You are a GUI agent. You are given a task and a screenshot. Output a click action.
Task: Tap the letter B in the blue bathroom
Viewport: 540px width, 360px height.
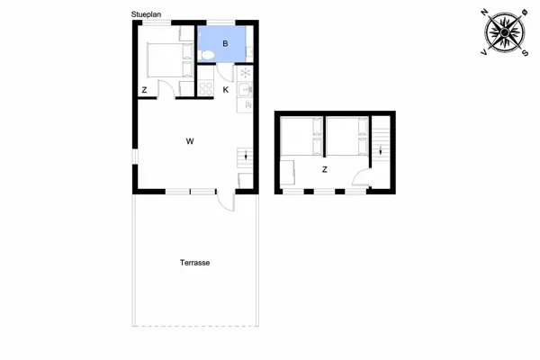click(225, 42)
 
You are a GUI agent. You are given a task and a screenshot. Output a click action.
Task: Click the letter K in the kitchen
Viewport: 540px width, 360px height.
click(225, 90)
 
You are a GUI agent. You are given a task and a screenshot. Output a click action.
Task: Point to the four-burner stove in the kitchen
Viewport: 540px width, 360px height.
click(205, 89)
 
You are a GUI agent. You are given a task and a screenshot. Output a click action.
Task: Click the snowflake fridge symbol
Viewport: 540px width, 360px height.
click(244, 73)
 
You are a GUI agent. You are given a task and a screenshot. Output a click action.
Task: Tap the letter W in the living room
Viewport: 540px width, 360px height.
click(190, 141)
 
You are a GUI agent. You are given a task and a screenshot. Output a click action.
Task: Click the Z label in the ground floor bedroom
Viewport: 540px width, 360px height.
click(145, 90)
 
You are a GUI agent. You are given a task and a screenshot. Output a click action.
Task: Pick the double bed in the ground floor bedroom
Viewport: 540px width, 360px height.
click(164, 59)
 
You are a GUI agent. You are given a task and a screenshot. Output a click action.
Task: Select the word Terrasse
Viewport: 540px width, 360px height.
click(194, 263)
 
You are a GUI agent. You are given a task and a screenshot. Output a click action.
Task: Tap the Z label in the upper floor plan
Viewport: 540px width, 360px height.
click(324, 168)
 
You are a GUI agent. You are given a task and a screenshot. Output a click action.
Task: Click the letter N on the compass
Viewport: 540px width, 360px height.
click(485, 11)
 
